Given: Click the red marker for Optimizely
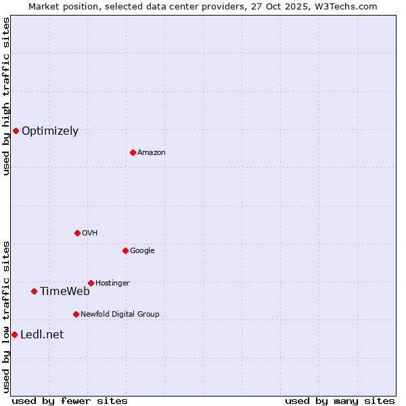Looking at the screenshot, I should [16, 131].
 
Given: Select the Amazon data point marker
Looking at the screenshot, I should [133, 152].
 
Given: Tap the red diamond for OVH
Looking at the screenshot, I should [77, 233].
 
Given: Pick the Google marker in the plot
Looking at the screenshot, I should [125, 250].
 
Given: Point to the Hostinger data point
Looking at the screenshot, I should [91, 283].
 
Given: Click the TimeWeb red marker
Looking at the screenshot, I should [34, 291].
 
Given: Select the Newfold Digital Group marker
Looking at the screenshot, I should [76, 314].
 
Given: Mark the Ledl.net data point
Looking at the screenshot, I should [14, 334].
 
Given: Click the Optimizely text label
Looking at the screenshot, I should [50, 131].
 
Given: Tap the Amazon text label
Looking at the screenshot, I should [152, 153].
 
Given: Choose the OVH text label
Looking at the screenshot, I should [90, 233].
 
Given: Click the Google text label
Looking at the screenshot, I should [142, 251].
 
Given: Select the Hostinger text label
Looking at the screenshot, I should [112, 284].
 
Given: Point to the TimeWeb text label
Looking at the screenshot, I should [65, 292].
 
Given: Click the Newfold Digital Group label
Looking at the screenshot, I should [120, 315].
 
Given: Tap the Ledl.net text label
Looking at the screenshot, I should [42, 335].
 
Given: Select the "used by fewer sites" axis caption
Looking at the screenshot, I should [70, 401].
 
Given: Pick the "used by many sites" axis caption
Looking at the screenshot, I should [340, 401].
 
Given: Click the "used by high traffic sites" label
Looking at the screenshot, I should [6, 96].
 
